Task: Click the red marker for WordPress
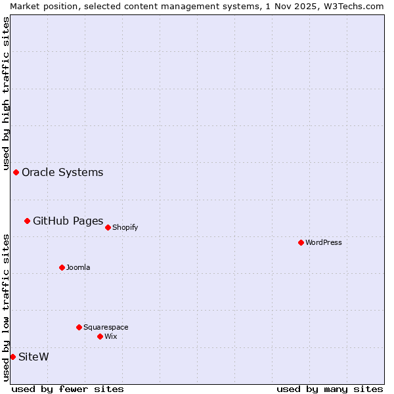click(x=301, y=242)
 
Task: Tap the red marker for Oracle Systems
click(x=16, y=172)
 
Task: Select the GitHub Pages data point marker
click(x=27, y=221)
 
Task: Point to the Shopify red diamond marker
click(x=108, y=227)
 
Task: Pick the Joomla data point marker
click(x=62, y=267)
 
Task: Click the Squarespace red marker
click(x=79, y=327)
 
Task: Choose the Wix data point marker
click(x=100, y=336)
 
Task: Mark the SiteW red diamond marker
click(x=12, y=357)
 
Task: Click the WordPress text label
click(x=324, y=242)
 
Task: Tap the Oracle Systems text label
click(x=62, y=172)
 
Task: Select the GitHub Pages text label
click(x=68, y=221)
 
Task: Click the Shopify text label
click(x=125, y=227)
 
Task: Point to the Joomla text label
click(x=78, y=267)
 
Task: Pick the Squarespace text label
click(x=106, y=327)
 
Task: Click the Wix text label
click(x=110, y=336)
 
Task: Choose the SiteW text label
click(x=33, y=357)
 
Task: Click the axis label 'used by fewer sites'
click(x=68, y=389)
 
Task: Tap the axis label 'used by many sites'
click(x=330, y=389)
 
